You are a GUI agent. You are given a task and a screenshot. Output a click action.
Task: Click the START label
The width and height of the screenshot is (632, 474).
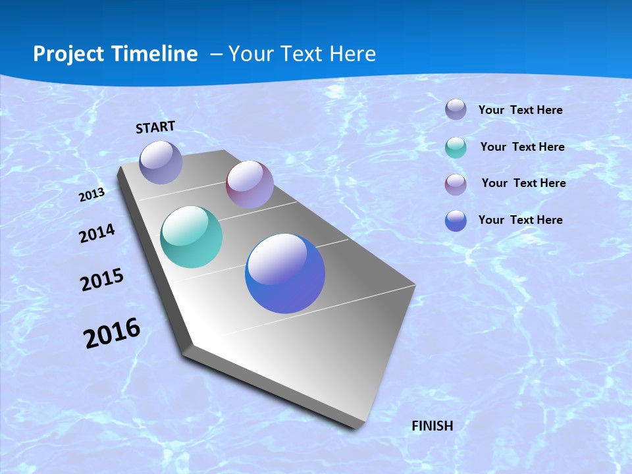coord(155,127)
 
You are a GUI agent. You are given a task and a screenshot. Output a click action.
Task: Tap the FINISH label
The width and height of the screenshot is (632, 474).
coord(433,426)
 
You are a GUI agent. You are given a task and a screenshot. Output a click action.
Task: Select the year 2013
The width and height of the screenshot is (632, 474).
coord(92,195)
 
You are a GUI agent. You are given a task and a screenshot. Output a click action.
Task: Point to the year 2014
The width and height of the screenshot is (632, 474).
coord(97,233)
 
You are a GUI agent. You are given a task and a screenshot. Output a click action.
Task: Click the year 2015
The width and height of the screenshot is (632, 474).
coord(102,280)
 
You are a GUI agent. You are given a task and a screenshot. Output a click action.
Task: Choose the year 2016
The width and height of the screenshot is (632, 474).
coord(112,333)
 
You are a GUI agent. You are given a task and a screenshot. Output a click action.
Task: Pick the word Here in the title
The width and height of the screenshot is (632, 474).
coord(353,54)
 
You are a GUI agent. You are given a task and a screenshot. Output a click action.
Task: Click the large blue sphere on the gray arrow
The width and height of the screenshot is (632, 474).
coord(285,273)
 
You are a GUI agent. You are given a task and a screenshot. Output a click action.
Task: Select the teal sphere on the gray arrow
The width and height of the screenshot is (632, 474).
coord(191,237)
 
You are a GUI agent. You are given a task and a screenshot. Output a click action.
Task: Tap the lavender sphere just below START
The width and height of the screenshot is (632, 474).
coord(161,162)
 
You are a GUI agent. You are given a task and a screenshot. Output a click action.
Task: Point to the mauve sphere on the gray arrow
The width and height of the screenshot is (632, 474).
coord(250,184)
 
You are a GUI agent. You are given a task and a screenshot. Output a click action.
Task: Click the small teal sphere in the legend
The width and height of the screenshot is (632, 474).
coord(456,147)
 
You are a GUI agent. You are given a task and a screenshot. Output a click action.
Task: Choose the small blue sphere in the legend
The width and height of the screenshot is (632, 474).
coord(456,221)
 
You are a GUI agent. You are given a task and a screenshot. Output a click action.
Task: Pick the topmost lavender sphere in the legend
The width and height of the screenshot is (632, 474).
coord(456,109)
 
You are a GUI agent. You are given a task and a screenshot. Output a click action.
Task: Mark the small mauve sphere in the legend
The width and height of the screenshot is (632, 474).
coord(456,184)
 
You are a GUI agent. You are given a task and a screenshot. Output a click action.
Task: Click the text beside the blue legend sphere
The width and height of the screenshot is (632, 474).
coord(521,220)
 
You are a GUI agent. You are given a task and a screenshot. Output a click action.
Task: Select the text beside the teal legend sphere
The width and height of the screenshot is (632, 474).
coord(523,147)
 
